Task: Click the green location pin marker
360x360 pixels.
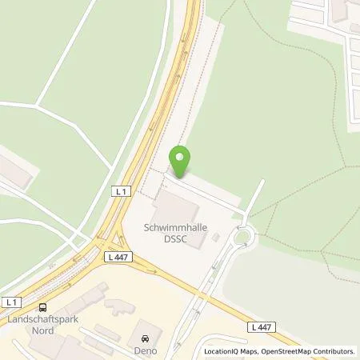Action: [181, 161]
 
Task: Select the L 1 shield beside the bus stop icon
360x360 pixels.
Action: [10, 302]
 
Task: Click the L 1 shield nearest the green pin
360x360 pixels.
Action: [120, 192]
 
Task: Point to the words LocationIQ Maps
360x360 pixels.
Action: [230, 351]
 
